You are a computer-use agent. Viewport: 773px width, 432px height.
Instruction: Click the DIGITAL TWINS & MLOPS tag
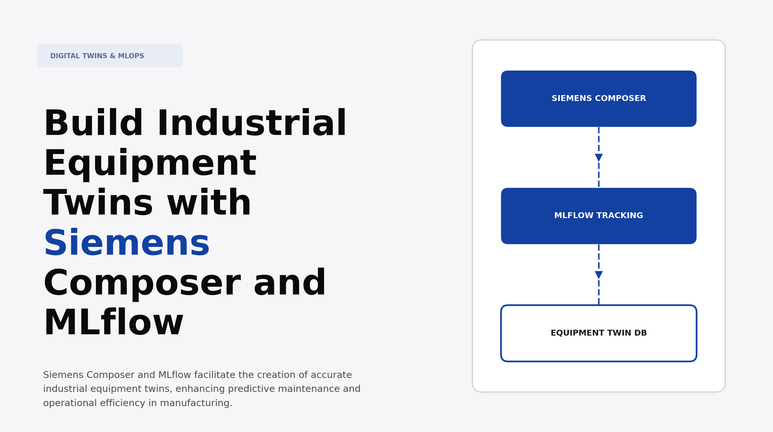click(x=110, y=56)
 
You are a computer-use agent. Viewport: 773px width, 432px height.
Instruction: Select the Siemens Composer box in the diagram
click(x=598, y=98)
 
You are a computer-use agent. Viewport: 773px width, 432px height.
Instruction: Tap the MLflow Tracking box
click(x=598, y=216)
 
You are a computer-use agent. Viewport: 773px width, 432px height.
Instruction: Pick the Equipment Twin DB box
click(x=598, y=333)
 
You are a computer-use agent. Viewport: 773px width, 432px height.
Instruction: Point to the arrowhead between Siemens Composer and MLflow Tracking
click(x=599, y=158)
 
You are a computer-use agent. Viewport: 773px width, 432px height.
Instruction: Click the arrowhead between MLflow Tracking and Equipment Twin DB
click(x=599, y=275)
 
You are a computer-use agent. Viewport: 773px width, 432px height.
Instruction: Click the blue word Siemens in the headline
click(x=127, y=243)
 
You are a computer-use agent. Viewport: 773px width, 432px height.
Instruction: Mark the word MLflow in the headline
click(x=113, y=323)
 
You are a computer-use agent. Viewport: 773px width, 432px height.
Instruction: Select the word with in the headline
click(x=209, y=203)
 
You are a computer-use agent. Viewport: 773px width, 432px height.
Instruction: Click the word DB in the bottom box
click(x=640, y=333)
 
